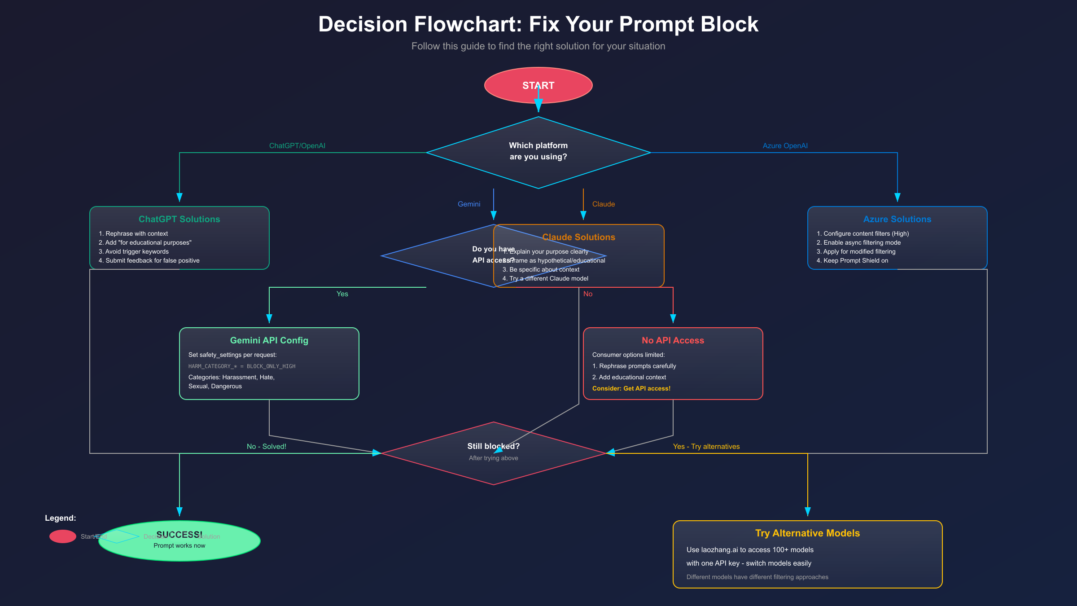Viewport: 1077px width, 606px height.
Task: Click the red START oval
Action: (538, 85)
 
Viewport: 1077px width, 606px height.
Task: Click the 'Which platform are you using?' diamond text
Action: (538, 151)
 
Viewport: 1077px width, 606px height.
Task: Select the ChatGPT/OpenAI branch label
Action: (297, 146)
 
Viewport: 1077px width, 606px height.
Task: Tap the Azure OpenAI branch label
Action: (785, 146)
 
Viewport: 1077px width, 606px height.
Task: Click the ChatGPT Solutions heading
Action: (179, 219)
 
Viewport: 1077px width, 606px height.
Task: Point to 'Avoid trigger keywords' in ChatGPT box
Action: (137, 251)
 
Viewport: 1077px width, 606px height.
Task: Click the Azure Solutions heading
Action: (897, 219)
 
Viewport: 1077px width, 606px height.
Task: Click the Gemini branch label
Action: (469, 204)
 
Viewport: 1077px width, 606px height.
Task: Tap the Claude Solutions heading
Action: (578, 237)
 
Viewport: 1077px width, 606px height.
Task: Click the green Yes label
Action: (342, 294)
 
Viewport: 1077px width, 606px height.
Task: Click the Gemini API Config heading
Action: (269, 340)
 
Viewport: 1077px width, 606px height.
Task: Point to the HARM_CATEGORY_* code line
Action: (242, 366)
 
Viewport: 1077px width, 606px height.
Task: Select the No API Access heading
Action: (673, 340)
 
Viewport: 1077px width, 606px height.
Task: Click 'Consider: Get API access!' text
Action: (631, 388)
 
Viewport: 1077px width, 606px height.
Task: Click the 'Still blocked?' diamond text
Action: (493, 446)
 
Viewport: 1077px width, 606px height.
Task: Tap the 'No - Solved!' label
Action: (266, 447)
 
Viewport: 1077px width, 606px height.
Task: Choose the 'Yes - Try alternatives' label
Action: (706, 447)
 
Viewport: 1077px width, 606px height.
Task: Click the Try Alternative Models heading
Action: (807, 533)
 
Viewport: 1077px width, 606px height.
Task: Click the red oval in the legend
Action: (63, 536)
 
